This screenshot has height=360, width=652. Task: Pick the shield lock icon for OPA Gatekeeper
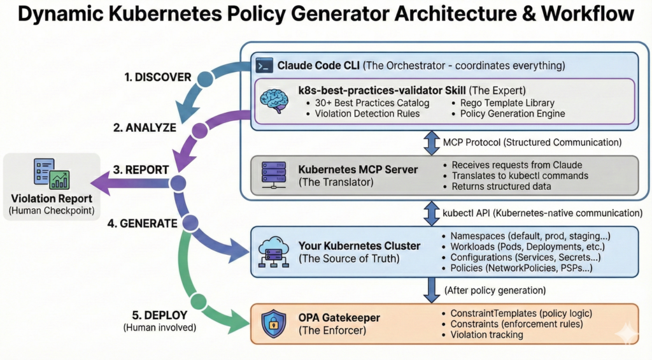(274, 324)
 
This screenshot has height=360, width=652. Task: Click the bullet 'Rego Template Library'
(506, 103)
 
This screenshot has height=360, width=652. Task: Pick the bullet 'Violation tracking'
(486, 335)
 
